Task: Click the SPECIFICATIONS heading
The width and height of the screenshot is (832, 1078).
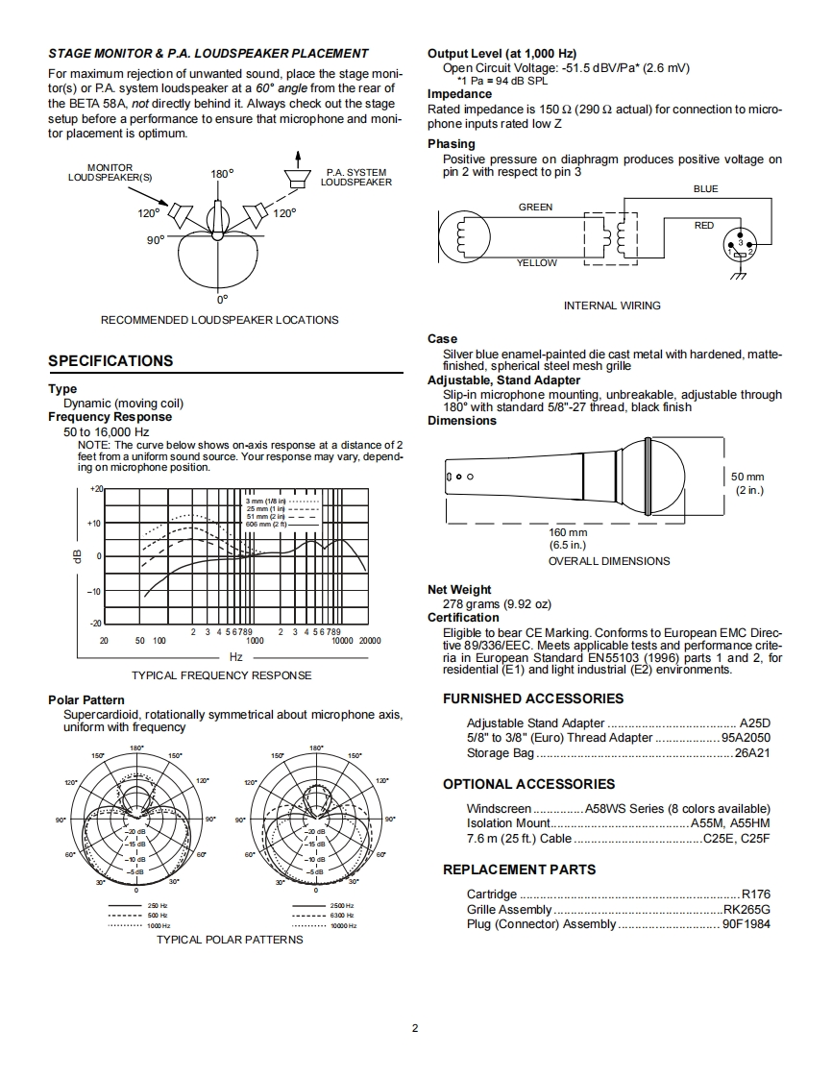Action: tap(110, 361)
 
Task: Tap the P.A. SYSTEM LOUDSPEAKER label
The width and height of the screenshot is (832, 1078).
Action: tap(356, 178)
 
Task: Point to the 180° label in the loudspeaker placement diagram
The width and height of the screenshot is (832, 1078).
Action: tap(222, 174)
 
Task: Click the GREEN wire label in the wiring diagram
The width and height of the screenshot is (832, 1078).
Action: tap(536, 207)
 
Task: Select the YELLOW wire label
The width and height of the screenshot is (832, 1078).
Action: tap(537, 262)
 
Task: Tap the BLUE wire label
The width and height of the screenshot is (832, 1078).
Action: tap(705, 189)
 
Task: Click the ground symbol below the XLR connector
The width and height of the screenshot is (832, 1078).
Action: tap(739, 276)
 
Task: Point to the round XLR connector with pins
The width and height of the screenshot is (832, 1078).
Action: tap(740, 247)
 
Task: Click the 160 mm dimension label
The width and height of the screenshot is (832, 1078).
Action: tap(568, 532)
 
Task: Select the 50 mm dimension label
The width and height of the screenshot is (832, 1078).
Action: tap(747, 477)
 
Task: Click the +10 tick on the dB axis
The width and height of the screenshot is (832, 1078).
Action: tap(94, 524)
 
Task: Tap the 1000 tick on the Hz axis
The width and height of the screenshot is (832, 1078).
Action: tap(256, 641)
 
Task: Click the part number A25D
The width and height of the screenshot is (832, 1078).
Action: tap(755, 723)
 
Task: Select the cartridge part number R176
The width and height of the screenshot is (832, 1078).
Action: tap(756, 894)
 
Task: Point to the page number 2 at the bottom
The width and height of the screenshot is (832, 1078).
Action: tap(415, 1028)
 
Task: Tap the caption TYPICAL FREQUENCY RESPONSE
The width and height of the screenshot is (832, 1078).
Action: tap(221, 675)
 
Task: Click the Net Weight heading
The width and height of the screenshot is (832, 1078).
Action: tap(459, 589)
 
